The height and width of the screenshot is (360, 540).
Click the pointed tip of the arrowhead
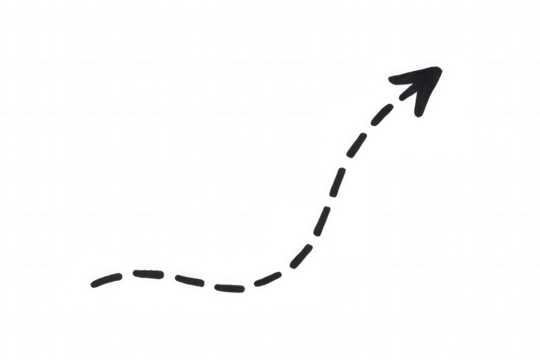click(441, 64)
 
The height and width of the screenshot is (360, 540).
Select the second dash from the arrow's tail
click(145, 270)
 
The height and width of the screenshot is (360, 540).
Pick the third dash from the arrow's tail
click(186, 278)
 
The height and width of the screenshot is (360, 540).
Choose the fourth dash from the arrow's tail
click(228, 287)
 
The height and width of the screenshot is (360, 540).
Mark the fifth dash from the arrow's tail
click(265, 277)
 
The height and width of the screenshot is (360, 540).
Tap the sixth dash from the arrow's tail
click(298, 257)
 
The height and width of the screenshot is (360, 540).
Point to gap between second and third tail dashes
click(166, 274)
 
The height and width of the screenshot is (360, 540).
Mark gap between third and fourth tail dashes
click(208, 284)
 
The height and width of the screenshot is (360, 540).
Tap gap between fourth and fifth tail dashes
click(247, 284)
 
